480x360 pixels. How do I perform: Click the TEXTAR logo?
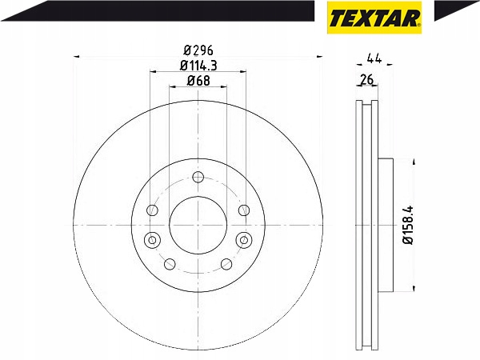tap(374, 18)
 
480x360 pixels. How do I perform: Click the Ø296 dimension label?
tap(198, 50)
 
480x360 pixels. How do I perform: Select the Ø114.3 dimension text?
tap(198, 66)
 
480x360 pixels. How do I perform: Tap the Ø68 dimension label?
tap(198, 81)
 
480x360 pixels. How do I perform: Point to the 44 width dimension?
tap(374, 58)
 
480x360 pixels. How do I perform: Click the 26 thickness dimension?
tap(367, 79)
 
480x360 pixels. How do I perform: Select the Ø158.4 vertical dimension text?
tap(408, 225)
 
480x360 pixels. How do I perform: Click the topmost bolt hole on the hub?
tap(198, 177)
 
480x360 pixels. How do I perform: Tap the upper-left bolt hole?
tap(152, 210)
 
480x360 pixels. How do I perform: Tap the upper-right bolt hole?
tap(244, 210)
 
